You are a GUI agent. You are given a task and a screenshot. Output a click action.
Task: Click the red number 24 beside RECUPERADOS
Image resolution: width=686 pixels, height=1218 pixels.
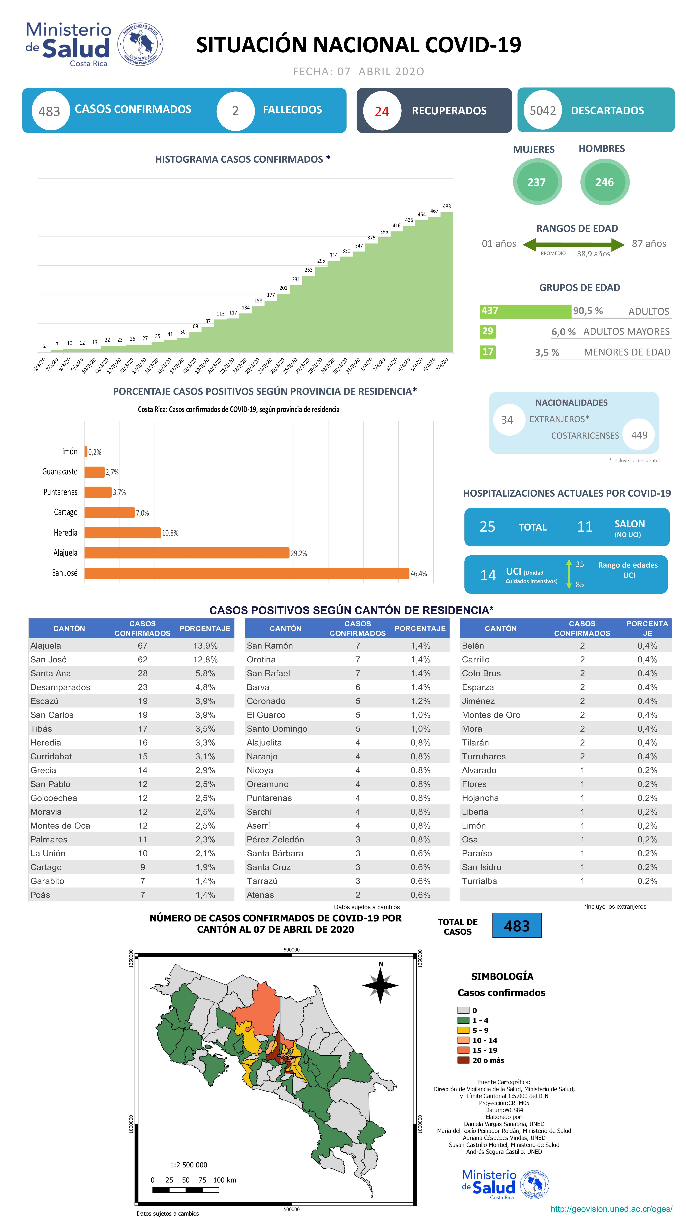pyautogui.click(x=382, y=111)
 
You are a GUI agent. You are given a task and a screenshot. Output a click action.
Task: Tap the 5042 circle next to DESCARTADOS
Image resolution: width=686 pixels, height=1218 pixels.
pyautogui.click(x=542, y=111)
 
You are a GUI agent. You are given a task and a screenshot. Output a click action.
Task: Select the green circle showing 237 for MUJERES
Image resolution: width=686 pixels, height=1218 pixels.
pyautogui.click(x=537, y=182)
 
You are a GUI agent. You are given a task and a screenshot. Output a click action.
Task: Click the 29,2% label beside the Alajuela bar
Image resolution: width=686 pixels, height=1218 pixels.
pyautogui.click(x=298, y=553)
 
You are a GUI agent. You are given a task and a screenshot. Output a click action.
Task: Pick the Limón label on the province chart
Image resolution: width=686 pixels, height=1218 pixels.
pyautogui.click(x=68, y=452)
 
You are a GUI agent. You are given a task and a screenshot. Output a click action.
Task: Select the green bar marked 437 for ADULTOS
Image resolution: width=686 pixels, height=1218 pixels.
pyautogui.click(x=525, y=311)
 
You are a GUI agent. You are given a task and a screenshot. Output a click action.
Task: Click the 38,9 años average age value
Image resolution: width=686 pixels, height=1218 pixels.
pyautogui.click(x=593, y=254)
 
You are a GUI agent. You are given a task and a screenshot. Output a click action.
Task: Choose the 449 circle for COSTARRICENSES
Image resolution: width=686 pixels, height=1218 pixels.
pyautogui.click(x=639, y=435)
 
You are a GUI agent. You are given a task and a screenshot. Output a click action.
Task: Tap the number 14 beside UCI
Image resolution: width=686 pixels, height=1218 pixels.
pyautogui.click(x=488, y=575)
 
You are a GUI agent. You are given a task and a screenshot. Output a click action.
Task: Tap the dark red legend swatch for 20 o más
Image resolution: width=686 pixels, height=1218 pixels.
pyautogui.click(x=463, y=1060)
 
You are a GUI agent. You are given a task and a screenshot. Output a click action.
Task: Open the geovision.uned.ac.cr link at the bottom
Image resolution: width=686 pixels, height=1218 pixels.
pyautogui.click(x=611, y=1209)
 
